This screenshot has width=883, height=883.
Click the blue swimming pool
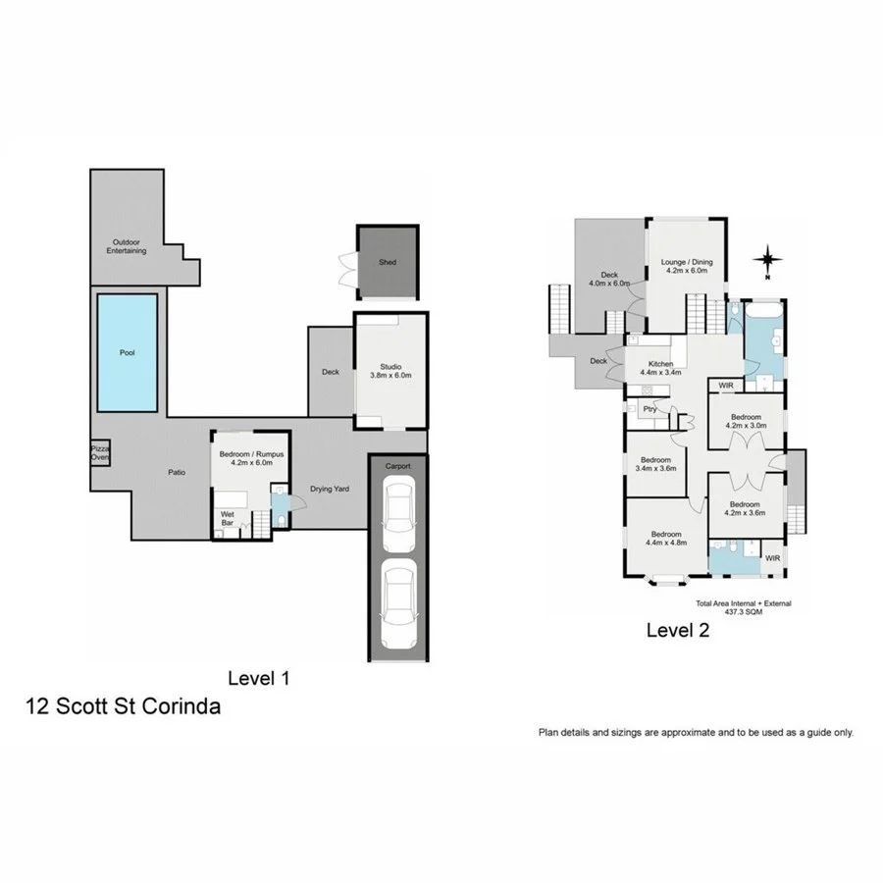click(127, 353)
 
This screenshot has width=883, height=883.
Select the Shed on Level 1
click(388, 262)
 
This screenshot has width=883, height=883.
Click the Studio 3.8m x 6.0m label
click(390, 370)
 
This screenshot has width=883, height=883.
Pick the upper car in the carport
click(399, 519)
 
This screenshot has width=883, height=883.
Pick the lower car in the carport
click(399, 606)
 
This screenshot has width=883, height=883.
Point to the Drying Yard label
click(331, 489)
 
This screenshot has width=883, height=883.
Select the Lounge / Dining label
click(687, 267)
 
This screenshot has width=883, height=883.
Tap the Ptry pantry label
click(649, 409)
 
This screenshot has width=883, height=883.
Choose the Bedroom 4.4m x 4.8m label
click(666, 538)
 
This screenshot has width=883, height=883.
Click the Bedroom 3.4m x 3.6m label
click(655, 465)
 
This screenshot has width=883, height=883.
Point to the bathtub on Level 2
click(762, 313)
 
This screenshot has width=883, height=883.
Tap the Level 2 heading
click(677, 631)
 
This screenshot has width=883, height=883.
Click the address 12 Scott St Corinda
click(123, 706)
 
